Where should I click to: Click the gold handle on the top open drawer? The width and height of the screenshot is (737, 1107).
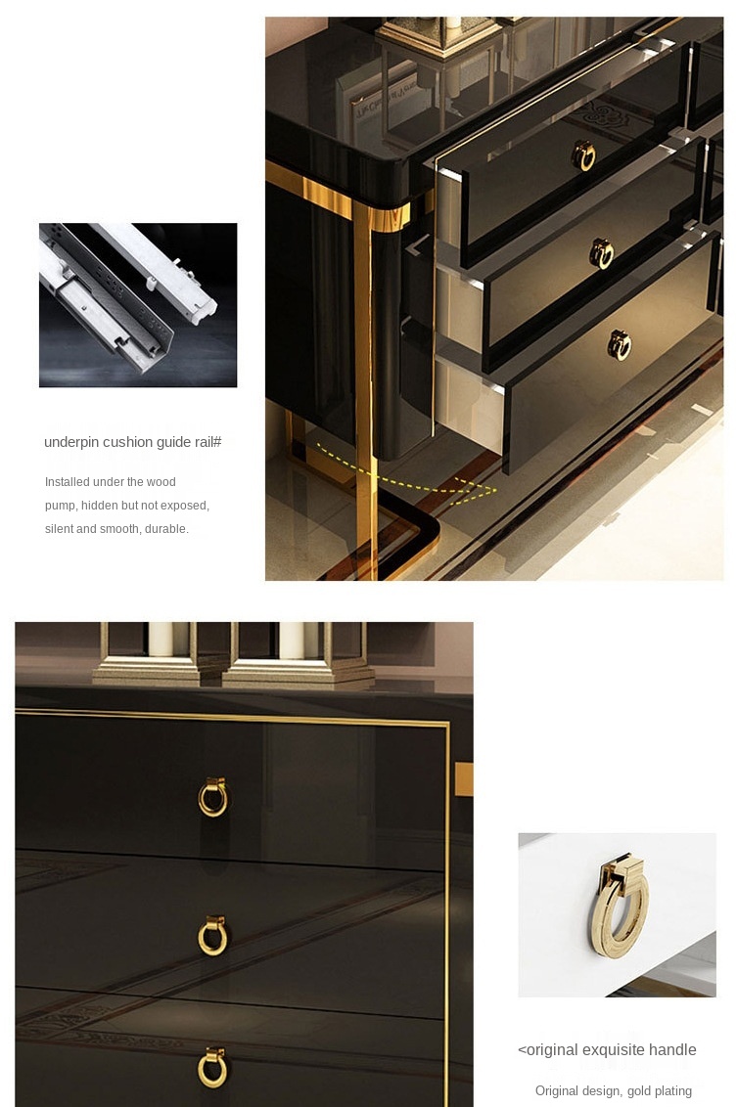click(583, 156)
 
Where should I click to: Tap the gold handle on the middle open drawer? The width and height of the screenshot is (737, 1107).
click(602, 253)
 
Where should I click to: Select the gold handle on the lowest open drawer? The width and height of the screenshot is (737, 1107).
click(620, 345)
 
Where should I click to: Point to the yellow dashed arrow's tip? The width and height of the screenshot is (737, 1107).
click(496, 489)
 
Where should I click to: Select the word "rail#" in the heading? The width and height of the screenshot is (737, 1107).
click(207, 442)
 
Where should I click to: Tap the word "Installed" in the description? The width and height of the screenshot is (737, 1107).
click(68, 481)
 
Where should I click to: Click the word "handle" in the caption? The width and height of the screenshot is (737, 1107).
click(672, 1050)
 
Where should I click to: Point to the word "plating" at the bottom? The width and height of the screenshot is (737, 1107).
click(673, 1091)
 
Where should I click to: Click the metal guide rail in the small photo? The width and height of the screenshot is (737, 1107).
click(127, 295)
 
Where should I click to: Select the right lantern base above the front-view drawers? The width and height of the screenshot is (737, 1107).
click(296, 673)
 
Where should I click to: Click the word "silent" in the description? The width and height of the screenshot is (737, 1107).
click(59, 529)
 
